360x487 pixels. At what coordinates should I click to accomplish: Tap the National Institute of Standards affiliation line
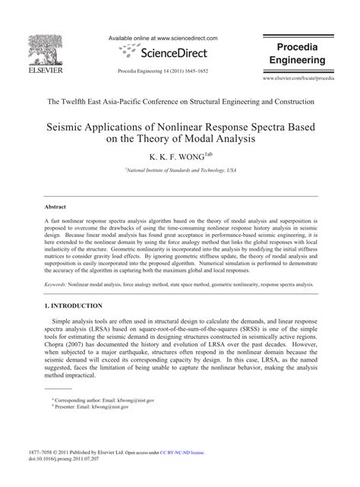(180, 172)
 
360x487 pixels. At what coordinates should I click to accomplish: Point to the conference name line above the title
(180, 101)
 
